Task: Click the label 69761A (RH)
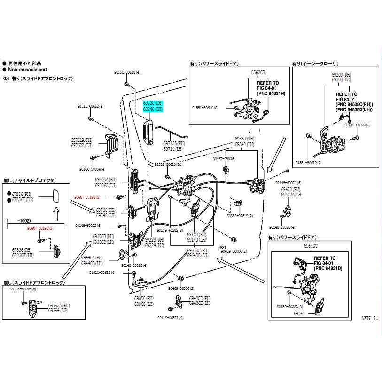click(78, 140)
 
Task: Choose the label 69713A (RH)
click(174, 143)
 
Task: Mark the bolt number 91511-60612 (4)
click(88, 107)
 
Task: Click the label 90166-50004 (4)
click(92, 169)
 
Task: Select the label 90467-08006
click(223, 159)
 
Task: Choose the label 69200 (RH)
click(341, 75)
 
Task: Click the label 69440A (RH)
click(92, 257)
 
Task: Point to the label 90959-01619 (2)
click(240, 216)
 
